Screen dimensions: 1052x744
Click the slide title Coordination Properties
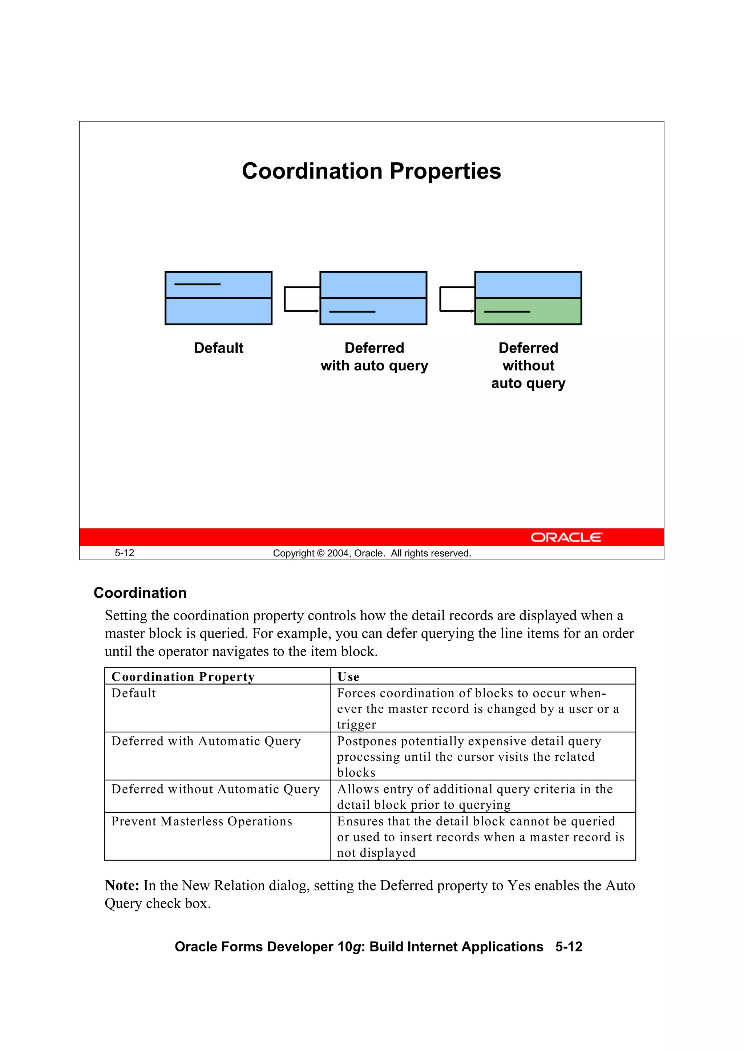(371, 171)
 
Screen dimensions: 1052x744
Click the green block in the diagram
(528, 311)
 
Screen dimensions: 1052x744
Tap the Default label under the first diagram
(219, 348)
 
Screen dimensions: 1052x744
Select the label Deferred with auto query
(374, 357)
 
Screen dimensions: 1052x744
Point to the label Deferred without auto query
(528, 365)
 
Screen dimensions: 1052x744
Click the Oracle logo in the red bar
(567, 537)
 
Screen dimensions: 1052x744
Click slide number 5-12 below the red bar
(124, 553)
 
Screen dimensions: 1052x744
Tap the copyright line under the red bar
(372, 553)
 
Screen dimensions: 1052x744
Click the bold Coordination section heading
(140, 593)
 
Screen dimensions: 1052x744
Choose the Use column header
(348, 677)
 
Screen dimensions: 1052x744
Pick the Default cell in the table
(133, 693)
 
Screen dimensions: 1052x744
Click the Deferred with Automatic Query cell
(206, 742)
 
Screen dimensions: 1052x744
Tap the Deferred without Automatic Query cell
(215, 789)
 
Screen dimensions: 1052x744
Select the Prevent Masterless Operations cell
(202, 821)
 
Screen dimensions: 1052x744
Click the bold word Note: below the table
(122, 885)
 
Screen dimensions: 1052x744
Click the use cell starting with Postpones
(469, 756)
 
